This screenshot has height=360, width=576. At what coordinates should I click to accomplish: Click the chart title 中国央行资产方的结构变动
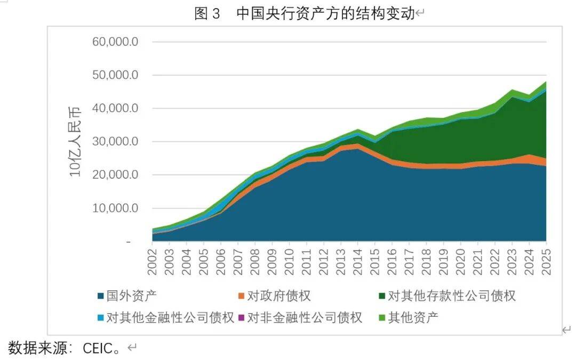pyautogui.click(x=325, y=14)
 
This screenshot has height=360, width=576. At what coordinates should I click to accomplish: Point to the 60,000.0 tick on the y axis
pyautogui.click(x=116, y=42)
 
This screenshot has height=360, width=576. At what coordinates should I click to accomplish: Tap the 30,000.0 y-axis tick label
pyautogui.click(x=116, y=142)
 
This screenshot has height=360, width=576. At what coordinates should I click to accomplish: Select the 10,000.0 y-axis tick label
pyautogui.click(x=116, y=208)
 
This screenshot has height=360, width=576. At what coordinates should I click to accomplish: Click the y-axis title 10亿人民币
pyautogui.click(x=75, y=141)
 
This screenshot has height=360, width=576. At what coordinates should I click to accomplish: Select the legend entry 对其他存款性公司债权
pyautogui.click(x=451, y=295)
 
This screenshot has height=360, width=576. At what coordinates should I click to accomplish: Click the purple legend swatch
pyautogui.click(x=241, y=318)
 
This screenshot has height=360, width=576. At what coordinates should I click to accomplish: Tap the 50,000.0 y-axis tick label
pyautogui.click(x=116, y=75)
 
